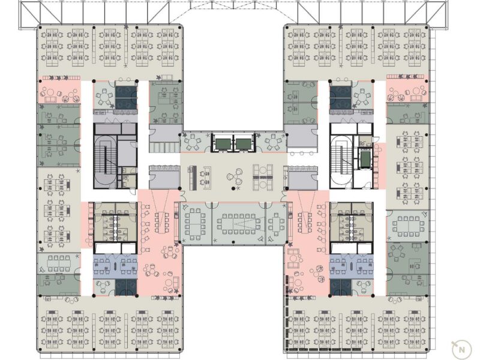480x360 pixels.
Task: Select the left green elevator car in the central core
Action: [223, 143]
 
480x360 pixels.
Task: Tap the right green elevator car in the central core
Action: [243, 143]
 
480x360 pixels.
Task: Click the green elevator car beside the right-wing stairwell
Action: [365, 158]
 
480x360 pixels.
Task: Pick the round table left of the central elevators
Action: [192, 142]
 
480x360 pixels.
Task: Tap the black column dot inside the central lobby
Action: [233, 188]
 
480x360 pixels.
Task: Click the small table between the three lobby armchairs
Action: [235, 176]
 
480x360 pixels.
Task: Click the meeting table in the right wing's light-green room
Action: [408, 226]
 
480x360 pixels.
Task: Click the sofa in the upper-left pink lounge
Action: [50, 99]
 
